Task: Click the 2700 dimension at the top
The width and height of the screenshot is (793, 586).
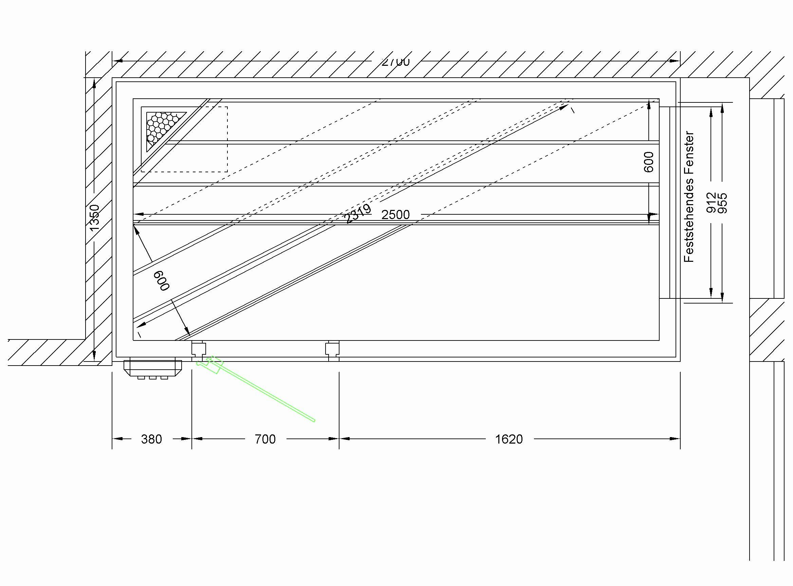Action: pos(395,62)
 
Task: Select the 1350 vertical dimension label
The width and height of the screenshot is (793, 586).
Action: pos(95,217)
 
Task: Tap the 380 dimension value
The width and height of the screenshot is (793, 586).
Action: pos(151,439)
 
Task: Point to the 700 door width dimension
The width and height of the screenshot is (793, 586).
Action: pos(265,439)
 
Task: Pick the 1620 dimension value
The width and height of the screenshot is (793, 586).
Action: pos(509,439)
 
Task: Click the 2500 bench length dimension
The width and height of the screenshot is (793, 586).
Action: pos(395,215)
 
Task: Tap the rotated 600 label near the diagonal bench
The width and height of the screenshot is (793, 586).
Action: pos(162,280)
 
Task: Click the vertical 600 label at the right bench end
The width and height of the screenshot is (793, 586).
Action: pos(648,162)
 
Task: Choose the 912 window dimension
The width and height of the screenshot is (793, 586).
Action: pos(711,202)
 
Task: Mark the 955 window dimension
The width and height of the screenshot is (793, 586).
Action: pos(723,202)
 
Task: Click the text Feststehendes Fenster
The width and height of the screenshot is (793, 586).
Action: pos(689,197)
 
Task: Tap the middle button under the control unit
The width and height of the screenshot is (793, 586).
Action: pos(153,377)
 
